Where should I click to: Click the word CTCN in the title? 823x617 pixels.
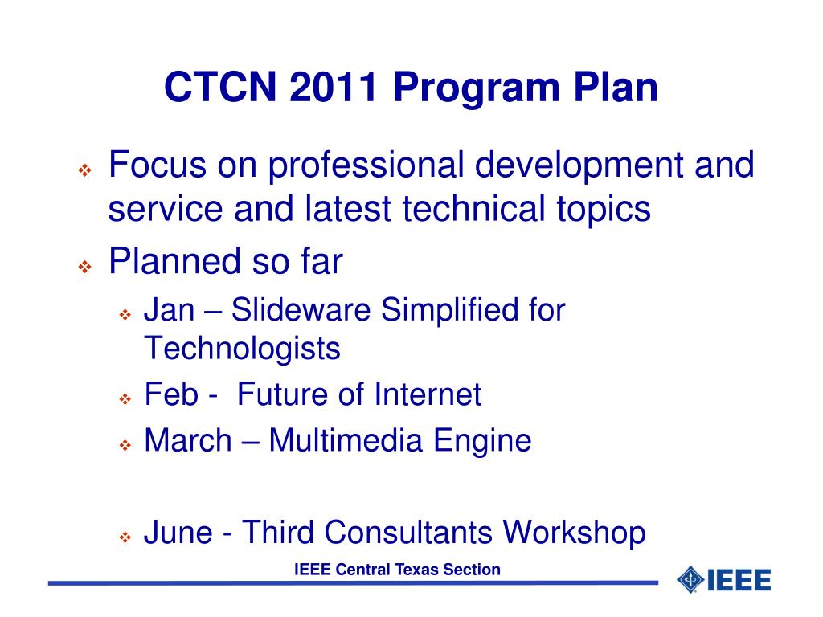tap(220, 87)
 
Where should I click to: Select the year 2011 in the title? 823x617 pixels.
tap(334, 87)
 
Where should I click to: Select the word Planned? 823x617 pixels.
tap(174, 261)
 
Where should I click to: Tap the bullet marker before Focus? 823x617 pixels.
tap(84, 170)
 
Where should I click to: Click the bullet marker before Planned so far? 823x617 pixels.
tap(84, 267)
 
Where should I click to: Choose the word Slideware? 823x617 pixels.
tap(301, 309)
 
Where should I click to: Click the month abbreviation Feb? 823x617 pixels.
tap(171, 394)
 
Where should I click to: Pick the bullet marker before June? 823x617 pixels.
tap(125, 537)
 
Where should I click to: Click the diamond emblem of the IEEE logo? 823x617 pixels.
tap(690, 580)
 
